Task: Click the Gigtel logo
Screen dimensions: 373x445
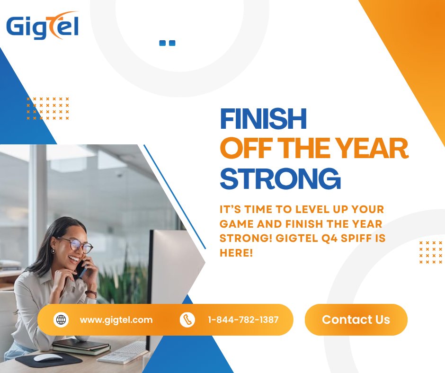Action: [x=42, y=26]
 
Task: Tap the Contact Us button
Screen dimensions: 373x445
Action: [x=356, y=320]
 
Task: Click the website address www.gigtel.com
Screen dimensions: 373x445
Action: [x=116, y=320]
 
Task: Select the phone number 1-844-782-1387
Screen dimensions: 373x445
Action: [x=243, y=320]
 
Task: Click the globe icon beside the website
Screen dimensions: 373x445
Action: [x=61, y=320]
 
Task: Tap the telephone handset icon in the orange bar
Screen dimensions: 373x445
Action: [x=187, y=320]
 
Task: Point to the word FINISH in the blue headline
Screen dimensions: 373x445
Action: [x=263, y=119]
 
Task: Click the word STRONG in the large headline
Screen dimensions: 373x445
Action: [x=280, y=179]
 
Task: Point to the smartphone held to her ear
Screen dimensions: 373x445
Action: [x=81, y=268]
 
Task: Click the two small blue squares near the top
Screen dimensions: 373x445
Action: [x=167, y=43]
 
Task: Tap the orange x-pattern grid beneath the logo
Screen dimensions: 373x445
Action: [x=48, y=108]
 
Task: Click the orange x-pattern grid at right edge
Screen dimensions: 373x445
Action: [x=430, y=252]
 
